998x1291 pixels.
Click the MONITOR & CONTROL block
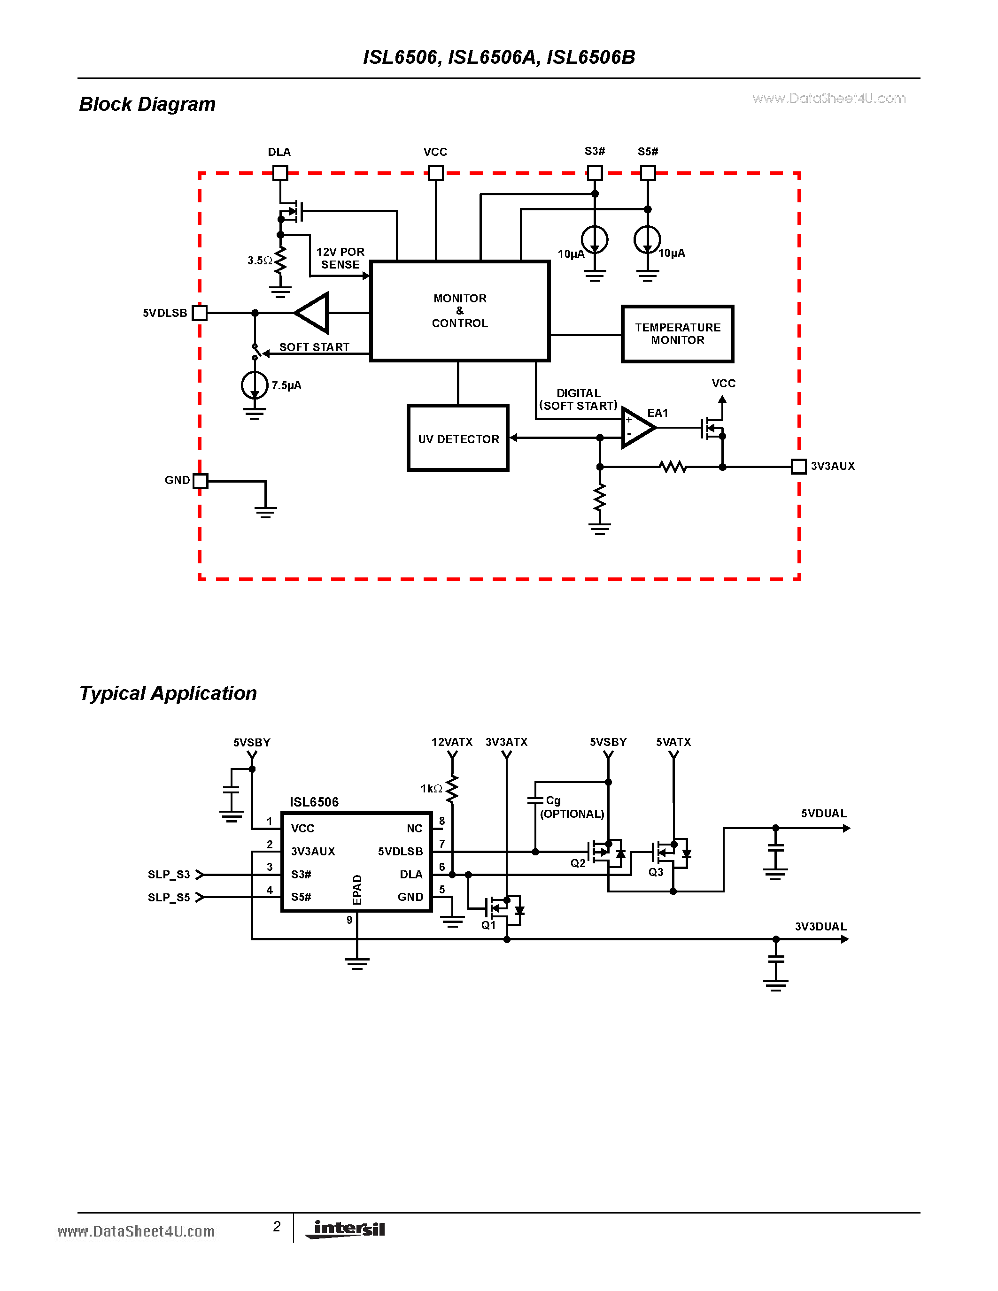click(459, 311)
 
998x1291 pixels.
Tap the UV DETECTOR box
click(458, 438)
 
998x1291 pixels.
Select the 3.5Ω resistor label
click(259, 260)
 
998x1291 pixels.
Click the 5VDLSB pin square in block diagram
click(200, 313)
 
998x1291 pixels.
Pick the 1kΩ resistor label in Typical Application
click(431, 789)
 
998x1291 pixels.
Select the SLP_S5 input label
click(169, 897)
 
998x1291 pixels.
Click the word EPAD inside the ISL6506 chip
click(357, 890)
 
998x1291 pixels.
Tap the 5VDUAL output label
click(823, 814)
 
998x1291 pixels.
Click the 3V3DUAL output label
click(820, 926)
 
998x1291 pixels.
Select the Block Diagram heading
click(147, 104)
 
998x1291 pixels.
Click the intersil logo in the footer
click(348, 1229)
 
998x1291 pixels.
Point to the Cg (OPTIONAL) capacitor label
click(571, 807)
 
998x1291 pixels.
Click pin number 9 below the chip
click(349, 920)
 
